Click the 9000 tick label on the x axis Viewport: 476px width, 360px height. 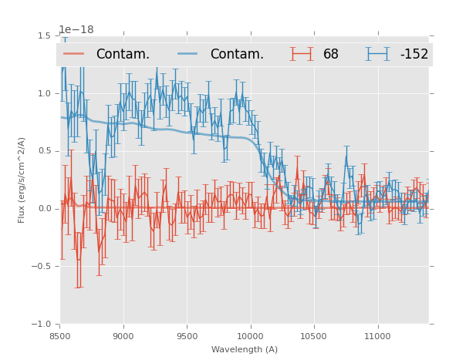tap(123, 336)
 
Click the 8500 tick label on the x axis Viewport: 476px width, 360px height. tap(60, 336)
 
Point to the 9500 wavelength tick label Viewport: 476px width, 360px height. tap(187, 336)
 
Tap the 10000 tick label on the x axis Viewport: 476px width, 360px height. tap(250, 336)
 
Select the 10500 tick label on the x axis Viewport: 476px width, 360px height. tap(313, 336)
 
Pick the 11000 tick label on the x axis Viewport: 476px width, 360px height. tap(377, 336)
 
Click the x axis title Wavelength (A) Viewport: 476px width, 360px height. tap(245, 350)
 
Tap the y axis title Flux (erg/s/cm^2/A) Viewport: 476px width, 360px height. tap(22, 180)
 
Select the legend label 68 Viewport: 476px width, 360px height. tap(331, 55)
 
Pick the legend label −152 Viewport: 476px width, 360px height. tap(414, 55)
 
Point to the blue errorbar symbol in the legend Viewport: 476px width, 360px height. tap(378, 54)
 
